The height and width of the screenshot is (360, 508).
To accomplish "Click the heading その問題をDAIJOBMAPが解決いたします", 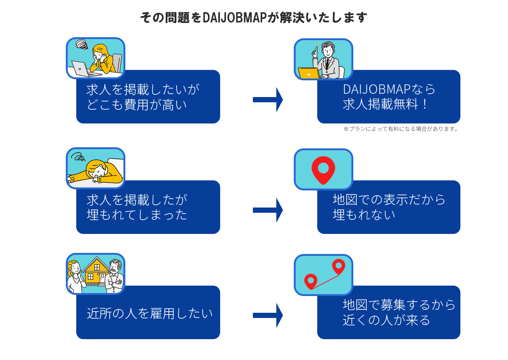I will tap(254, 17).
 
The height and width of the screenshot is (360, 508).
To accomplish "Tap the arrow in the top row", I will tap(268, 100).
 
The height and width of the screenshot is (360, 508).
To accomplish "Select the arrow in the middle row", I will tap(268, 210).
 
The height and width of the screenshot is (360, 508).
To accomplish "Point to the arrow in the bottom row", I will tap(268, 315).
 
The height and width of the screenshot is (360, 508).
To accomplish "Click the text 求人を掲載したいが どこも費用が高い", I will tap(143, 97).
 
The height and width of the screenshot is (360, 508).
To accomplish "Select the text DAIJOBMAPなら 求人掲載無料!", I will tap(389, 97).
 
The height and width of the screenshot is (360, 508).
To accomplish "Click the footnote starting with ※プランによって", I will tap(401, 129).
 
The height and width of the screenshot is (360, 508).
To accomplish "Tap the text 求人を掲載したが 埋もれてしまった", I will tap(137, 207).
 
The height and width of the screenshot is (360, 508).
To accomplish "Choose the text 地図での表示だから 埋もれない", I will tap(389, 207).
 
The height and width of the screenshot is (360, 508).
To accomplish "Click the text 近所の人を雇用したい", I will tap(149, 313).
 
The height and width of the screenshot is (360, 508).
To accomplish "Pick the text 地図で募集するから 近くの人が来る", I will tap(399, 312).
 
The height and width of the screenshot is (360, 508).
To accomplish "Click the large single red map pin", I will tap(323, 170).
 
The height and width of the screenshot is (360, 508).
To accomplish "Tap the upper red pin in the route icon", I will tap(338, 266).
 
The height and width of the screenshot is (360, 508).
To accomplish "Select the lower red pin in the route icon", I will tap(311, 281).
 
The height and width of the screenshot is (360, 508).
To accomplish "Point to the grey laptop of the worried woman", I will tap(81, 69).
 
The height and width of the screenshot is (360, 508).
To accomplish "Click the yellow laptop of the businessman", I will tap(309, 73).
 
